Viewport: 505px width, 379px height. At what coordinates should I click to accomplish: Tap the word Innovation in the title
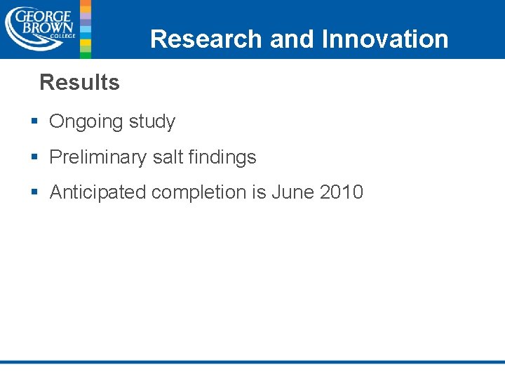[x=384, y=39]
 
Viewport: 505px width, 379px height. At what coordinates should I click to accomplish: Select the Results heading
[x=79, y=82]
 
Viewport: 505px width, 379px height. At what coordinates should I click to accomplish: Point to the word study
[x=151, y=122]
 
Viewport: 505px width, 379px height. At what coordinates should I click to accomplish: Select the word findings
[x=222, y=157]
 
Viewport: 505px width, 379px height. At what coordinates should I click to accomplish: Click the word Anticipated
[x=97, y=192]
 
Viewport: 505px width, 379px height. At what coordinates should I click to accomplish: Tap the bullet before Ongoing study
[x=34, y=122]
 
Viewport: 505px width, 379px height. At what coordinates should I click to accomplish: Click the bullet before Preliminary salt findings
[x=34, y=157]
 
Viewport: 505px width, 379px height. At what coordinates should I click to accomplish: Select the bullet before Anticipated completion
[x=34, y=192]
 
